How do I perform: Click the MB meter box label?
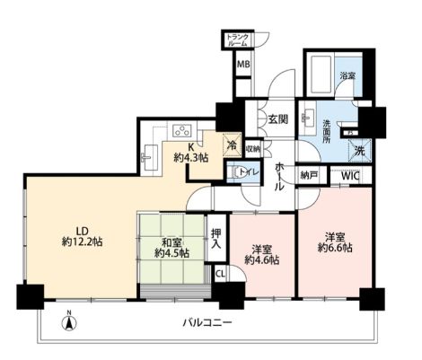click(243, 65)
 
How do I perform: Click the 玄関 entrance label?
click(277, 119)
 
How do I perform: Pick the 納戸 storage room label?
click(309, 177)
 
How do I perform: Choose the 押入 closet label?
click(216, 237)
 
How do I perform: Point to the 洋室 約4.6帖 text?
click(262, 254)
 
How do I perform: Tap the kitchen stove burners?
click(177, 128)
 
